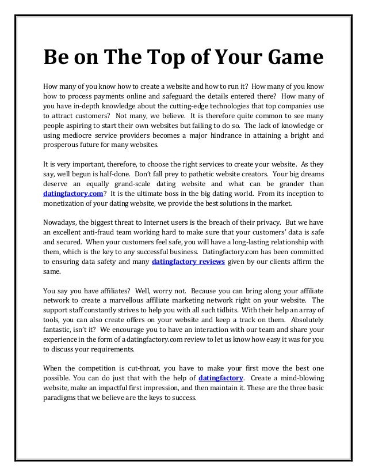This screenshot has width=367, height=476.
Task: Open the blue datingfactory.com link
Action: [74, 194]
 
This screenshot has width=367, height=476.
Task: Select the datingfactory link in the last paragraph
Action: [220, 377]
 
